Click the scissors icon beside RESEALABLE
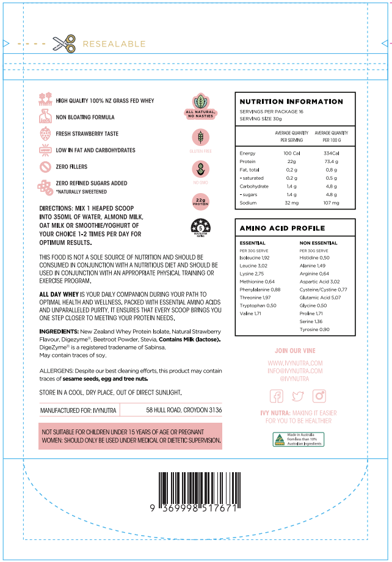pos(64,44)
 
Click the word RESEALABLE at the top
pos(114,44)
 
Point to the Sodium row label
pos(248,202)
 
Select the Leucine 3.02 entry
pos(254,266)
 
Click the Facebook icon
pos(277,396)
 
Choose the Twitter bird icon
pos(298,396)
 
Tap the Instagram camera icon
pos(319,396)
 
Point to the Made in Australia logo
pos(298,439)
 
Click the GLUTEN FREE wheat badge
pos(200,137)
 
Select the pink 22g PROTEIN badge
pos(200,200)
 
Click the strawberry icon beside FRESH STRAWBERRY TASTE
pos(45,134)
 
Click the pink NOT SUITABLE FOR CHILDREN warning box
pos(130,436)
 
